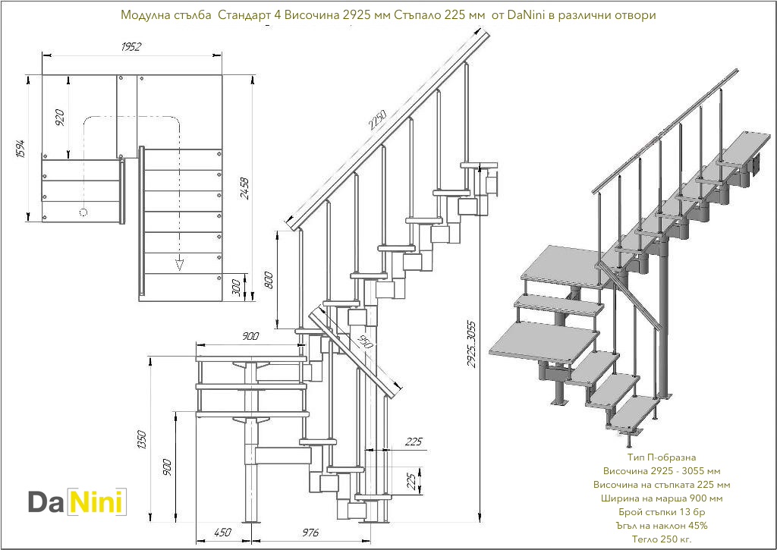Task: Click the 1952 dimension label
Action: point(131,46)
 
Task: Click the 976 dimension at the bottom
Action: point(310,533)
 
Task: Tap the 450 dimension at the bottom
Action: point(222,533)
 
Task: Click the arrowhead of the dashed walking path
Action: point(180,264)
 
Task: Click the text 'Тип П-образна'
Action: point(661,458)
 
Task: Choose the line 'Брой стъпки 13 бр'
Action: point(661,511)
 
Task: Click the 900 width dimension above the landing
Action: point(250,336)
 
